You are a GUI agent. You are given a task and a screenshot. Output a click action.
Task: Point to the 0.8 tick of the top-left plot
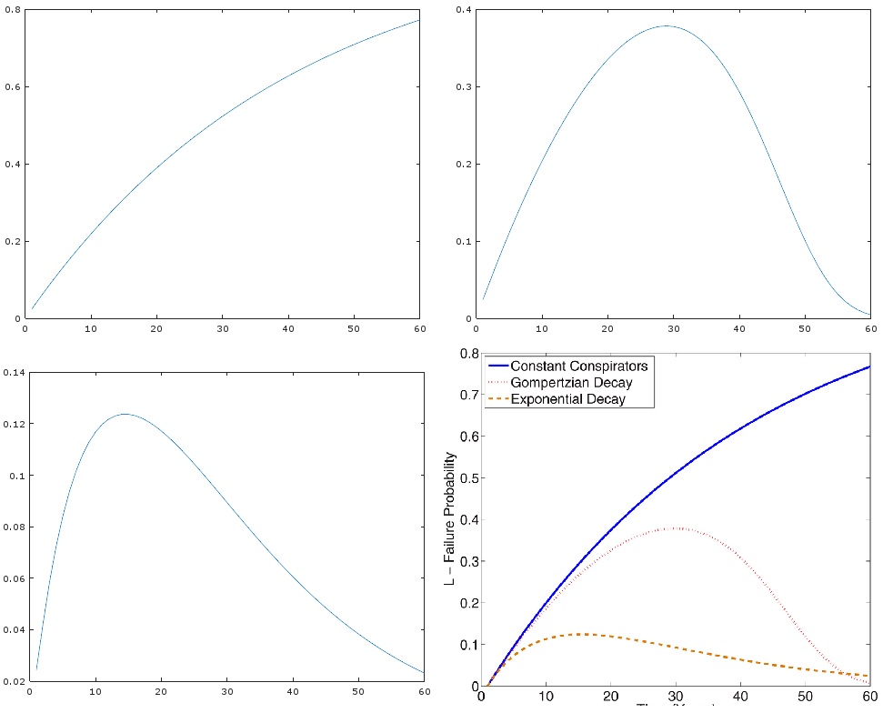click(x=12, y=10)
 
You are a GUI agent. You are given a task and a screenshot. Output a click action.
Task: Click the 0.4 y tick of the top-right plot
click(x=464, y=10)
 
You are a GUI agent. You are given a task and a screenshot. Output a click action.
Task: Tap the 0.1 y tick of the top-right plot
click(x=464, y=241)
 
